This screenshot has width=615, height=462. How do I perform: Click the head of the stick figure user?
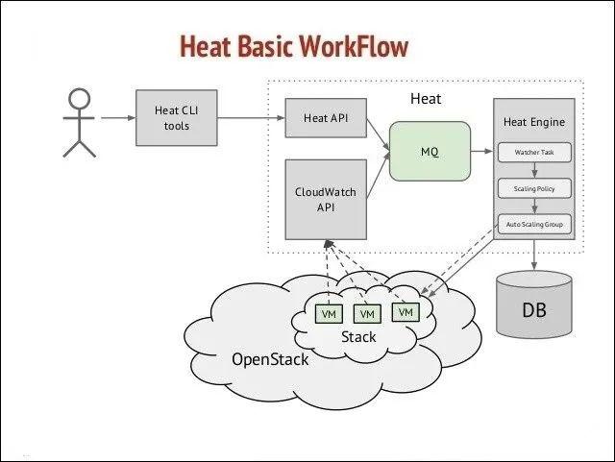[80, 100]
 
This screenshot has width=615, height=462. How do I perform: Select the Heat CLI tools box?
[172, 119]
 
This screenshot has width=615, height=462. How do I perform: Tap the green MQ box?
[430, 150]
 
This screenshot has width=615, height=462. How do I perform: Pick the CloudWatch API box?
[325, 199]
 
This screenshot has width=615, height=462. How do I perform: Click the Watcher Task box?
[534, 153]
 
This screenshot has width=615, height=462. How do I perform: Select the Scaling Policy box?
[534, 188]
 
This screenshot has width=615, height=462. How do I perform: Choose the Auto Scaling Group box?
[534, 224]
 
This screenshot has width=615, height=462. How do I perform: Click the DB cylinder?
[534, 305]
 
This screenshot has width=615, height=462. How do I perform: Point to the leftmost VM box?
[329, 314]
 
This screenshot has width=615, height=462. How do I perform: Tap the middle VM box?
[366, 314]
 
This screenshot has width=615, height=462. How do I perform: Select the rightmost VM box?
[405, 312]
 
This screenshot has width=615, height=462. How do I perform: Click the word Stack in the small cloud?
[359, 337]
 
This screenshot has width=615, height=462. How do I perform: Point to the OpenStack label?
[270, 359]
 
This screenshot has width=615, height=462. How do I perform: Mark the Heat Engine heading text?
[534, 123]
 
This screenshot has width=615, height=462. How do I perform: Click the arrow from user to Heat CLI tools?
[117, 119]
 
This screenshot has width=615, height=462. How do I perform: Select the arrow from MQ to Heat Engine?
[481, 150]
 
